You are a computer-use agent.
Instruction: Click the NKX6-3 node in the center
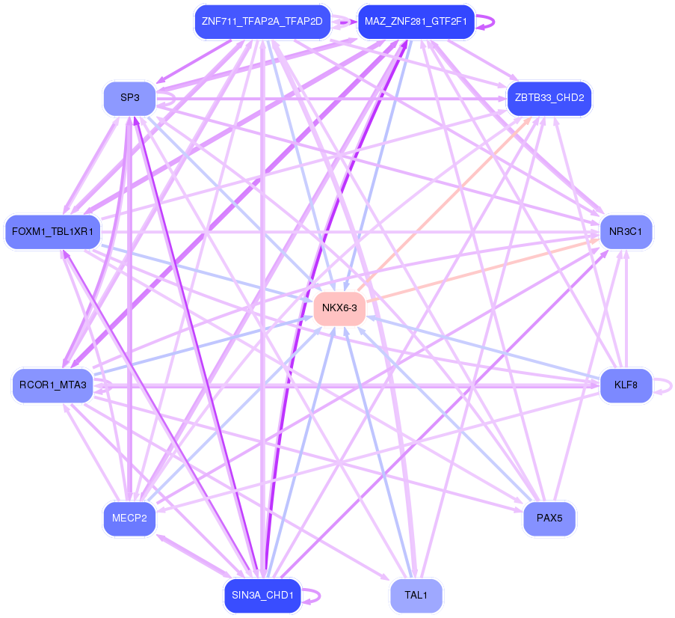click(x=339, y=308)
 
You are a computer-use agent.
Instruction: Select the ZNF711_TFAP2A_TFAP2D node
click(x=262, y=22)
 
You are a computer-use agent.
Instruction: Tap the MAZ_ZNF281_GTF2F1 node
click(x=416, y=22)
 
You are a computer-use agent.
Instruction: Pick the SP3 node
click(x=129, y=98)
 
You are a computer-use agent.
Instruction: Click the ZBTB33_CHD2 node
click(x=549, y=98)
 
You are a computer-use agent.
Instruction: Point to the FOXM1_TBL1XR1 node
click(x=52, y=232)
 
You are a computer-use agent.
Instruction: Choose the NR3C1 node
click(x=626, y=232)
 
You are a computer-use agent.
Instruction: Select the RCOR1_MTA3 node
click(x=52, y=385)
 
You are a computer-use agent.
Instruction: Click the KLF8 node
click(x=626, y=385)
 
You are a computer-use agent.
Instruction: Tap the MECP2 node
click(x=129, y=518)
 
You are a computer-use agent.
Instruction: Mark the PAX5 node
click(x=549, y=518)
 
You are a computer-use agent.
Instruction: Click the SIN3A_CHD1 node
click(x=262, y=596)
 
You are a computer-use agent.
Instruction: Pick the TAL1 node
click(x=416, y=596)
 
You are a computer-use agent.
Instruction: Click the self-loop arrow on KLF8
click(x=663, y=386)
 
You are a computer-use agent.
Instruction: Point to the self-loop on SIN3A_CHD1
click(x=311, y=596)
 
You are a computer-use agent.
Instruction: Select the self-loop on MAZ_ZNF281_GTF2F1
click(x=485, y=22)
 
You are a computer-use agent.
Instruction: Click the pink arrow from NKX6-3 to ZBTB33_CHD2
click(x=444, y=205)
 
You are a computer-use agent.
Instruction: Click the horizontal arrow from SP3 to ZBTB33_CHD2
click(x=331, y=99)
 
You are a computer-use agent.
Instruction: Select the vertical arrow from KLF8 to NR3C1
click(x=626, y=308)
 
